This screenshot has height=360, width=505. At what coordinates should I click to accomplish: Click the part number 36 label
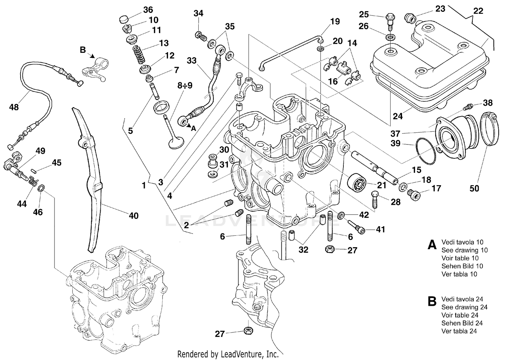click(x=148, y=10)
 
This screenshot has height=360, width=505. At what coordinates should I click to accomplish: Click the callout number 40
click(x=134, y=216)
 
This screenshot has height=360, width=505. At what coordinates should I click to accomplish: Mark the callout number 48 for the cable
click(x=14, y=107)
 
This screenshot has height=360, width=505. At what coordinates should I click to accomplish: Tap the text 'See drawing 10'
click(x=464, y=250)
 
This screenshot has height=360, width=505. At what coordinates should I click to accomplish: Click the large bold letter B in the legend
click(x=432, y=302)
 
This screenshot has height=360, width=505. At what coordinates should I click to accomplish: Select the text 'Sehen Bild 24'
click(x=462, y=323)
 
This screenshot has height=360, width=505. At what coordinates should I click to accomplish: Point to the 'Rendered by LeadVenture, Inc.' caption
click(x=228, y=354)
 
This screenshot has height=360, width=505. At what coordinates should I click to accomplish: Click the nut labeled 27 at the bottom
click(x=248, y=331)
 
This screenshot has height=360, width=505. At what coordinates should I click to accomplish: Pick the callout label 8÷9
click(x=185, y=86)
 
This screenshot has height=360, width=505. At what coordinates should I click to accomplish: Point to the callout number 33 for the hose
click(x=192, y=61)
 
